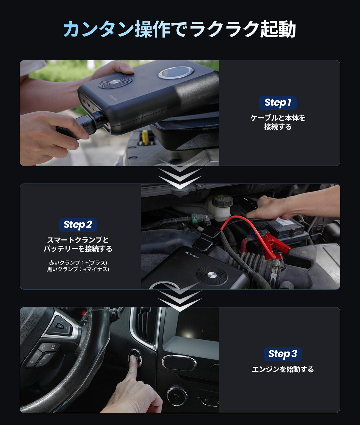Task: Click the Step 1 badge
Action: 278,103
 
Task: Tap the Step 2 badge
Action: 78,225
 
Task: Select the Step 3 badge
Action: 283,354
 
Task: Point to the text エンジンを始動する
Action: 283,369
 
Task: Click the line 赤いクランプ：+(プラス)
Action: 78,262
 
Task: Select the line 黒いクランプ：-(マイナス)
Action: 78,269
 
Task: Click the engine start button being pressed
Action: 135,358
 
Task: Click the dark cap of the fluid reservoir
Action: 222,201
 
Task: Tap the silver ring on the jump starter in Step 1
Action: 176,73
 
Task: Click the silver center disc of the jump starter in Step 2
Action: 212,275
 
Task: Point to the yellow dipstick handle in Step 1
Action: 145,137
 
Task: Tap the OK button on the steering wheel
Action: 60,326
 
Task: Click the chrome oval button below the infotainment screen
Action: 179,363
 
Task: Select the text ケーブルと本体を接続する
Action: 278,122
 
